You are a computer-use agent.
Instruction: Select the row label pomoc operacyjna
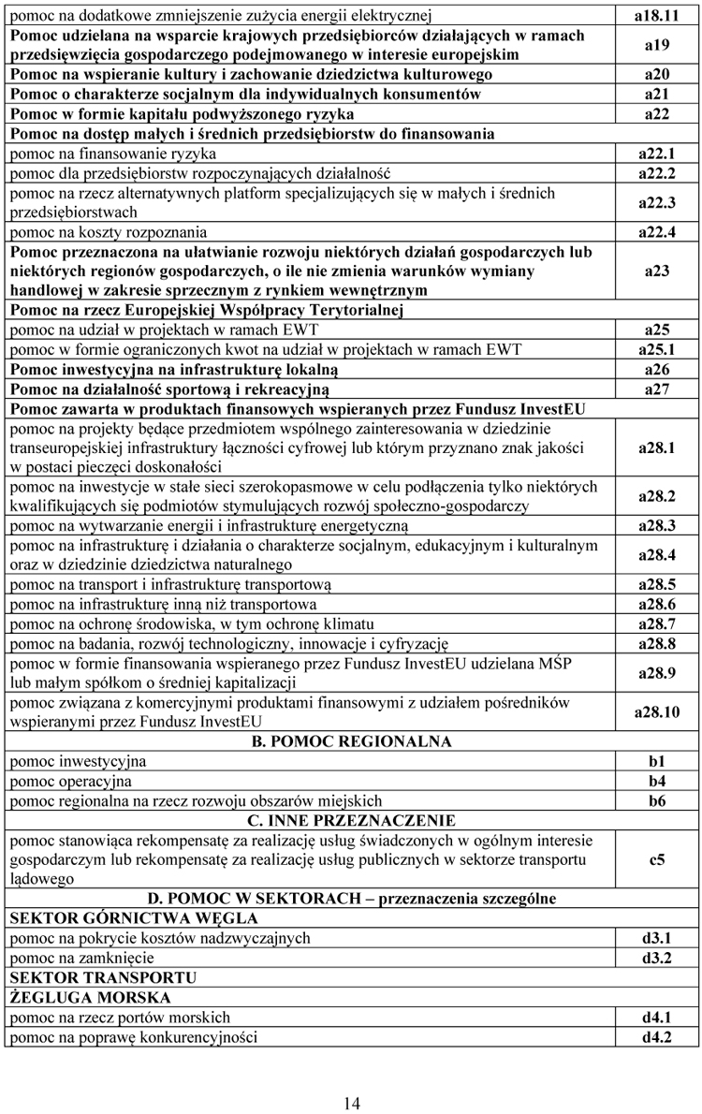point(71,781)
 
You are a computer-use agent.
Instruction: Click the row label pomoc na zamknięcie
point(81,958)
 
